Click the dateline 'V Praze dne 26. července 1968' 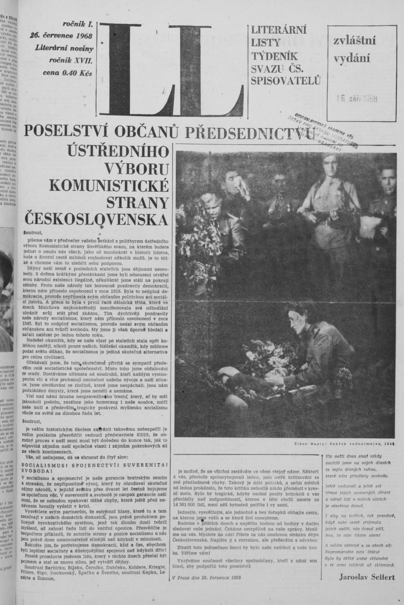click(x=207, y=578)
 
